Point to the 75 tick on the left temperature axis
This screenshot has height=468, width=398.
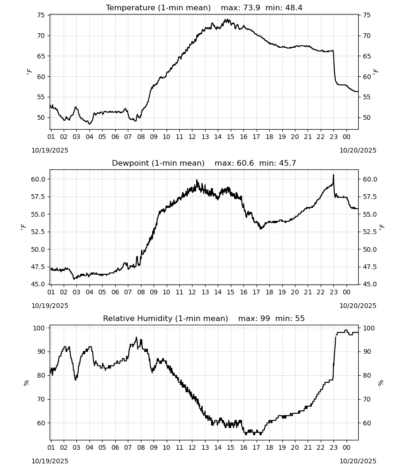pos(41,15)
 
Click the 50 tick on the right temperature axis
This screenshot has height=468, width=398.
pos(367,117)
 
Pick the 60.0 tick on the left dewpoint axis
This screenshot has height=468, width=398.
pos(38,179)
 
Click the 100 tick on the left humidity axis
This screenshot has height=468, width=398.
pos(39,328)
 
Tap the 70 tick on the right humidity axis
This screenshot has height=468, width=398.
pos(367,399)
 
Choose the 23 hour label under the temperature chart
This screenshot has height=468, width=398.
pos(333,137)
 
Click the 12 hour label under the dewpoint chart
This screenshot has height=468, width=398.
pos(192,292)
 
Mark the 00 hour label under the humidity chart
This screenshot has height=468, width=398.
pos(346,447)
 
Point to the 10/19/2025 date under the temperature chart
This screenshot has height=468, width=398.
pos(50,150)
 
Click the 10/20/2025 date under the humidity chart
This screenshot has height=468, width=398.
pos(358,461)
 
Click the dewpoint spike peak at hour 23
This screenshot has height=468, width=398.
pos(333,175)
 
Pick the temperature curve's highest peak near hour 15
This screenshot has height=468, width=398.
pos(227,19)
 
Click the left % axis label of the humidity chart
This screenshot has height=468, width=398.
pos(26,383)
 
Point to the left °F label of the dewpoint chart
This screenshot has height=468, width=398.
pos(23,227)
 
